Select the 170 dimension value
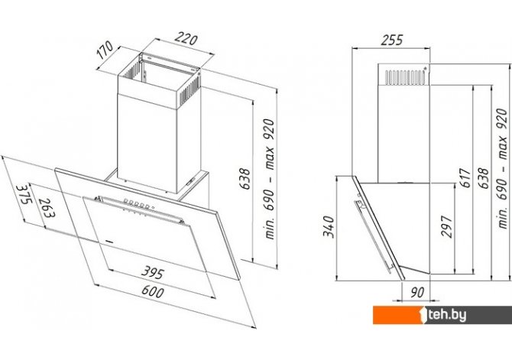pos(105,50)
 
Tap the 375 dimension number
pos(24,194)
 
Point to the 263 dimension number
pos(47,208)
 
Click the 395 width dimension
pos(153,272)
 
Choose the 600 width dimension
pos(153,290)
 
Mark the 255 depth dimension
pos(392,41)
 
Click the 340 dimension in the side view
pos(329,227)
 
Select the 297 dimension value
pos(446,226)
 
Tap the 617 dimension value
pos(465,178)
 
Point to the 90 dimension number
pos(417,293)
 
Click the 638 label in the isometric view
pos(245,179)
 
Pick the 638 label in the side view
pos(483,178)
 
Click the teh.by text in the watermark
pos(447,315)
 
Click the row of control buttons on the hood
pos(138,204)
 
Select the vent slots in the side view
pos(406,76)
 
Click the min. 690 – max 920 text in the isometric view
pos(270,179)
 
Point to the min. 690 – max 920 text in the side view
pos(503,168)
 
